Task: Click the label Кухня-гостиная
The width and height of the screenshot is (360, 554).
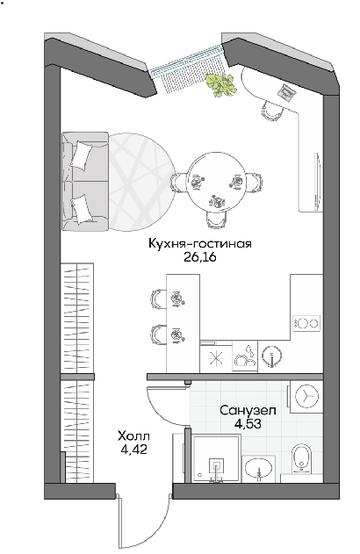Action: click(x=199, y=244)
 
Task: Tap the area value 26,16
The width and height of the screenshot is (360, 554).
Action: click(x=199, y=257)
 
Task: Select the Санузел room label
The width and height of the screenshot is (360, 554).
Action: click(x=248, y=411)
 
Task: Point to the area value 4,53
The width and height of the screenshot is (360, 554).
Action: click(x=248, y=423)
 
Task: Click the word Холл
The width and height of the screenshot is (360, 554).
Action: click(x=133, y=436)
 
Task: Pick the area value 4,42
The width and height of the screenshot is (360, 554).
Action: click(x=133, y=449)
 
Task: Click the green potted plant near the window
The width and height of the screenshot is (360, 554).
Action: click(x=220, y=84)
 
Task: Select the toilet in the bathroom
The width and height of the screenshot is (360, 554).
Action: click(x=301, y=458)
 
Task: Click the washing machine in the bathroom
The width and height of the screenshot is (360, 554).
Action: click(x=306, y=397)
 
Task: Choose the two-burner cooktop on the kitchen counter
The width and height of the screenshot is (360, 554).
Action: click(x=306, y=323)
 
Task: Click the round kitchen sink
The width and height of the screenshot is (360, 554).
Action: click(x=271, y=356)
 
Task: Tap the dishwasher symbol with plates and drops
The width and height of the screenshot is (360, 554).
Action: click(x=245, y=356)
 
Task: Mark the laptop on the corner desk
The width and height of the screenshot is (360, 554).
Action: click(x=287, y=92)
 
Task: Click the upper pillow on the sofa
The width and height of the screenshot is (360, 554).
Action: click(x=82, y=155)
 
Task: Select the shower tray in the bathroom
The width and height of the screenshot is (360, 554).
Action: click(x=216, y=457)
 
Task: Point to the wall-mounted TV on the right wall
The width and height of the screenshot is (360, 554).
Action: click(x=318, y=182)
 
